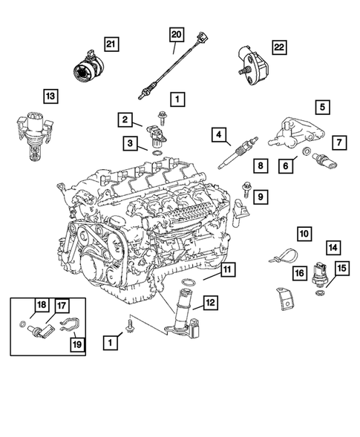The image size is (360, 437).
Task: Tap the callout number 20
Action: point(176,35)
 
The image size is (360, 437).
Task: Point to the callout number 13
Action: point(50,96)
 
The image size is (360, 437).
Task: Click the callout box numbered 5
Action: point(323,106)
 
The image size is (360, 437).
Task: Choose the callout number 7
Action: point(338,141)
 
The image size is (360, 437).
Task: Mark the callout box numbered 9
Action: point(261,196)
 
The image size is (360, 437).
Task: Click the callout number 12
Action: point(211,302)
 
